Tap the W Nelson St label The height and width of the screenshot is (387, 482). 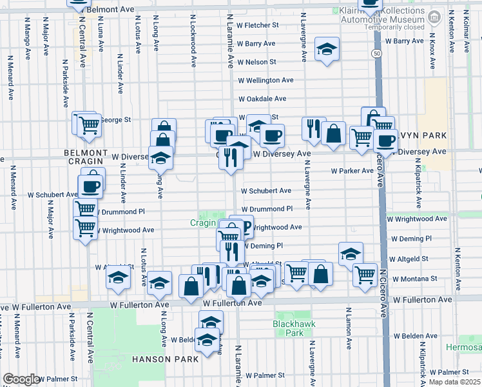pos(256,62)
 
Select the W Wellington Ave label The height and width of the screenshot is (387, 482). pos(265,81)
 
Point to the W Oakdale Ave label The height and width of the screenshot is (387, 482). pos(262,99)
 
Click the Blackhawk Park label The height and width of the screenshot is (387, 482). pos(287,328)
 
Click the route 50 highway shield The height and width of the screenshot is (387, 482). pos(376,54)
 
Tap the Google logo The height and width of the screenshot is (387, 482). pos(21,379)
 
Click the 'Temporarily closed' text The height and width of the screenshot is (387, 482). pos(394,27)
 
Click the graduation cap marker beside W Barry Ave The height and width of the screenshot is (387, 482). pos(327,49)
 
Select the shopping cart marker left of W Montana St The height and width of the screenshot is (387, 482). pos(365,275)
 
